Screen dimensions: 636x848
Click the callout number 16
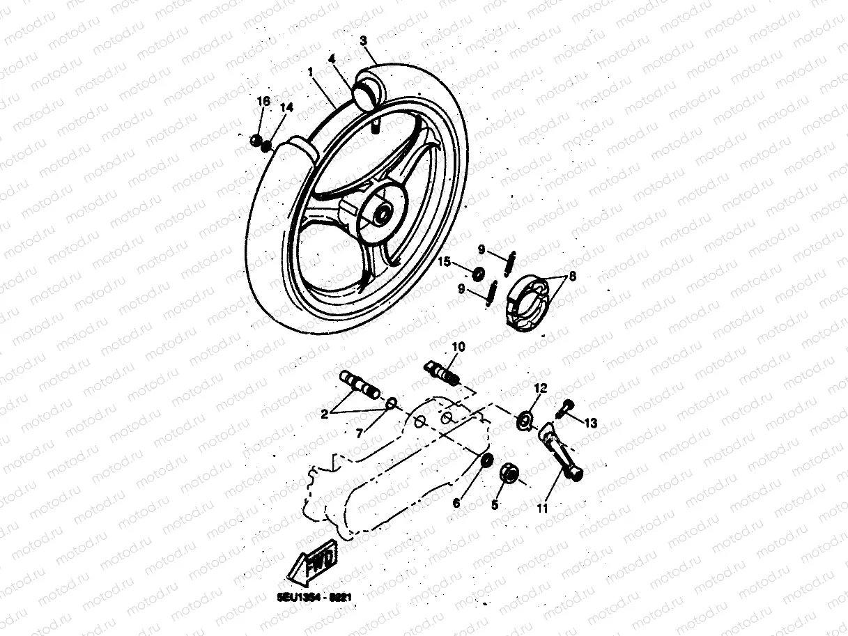point(263,101)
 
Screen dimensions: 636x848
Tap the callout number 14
point(286,108)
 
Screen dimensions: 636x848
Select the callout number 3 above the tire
point(363,41)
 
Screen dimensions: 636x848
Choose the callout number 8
point(572,276)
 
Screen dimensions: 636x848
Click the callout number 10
point(458,346)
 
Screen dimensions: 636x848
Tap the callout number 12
point(541,387)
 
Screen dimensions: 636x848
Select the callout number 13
point(591,422)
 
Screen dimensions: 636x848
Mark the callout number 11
point(543,508)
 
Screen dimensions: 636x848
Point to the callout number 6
point(456,503)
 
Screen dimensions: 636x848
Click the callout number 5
point(495,504)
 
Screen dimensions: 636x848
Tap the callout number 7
point(360,433)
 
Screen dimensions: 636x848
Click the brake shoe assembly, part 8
point(530,300)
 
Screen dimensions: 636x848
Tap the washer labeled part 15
point(479,272)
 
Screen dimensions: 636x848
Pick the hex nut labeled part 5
point(509,475)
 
